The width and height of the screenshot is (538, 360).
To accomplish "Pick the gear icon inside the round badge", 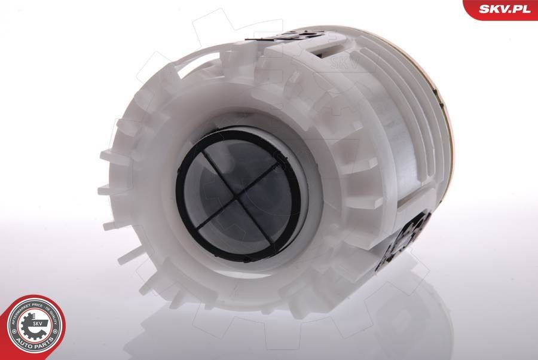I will coord(35,326).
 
